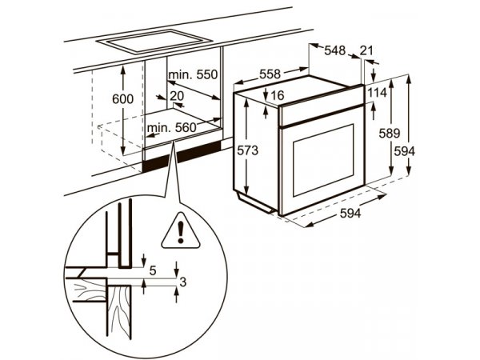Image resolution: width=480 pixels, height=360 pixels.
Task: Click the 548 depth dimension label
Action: [x=335, y=50]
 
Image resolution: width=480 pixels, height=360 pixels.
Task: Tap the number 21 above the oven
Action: [x=366, y=50]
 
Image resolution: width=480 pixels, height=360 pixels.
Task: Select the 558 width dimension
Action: [x=270, y=74]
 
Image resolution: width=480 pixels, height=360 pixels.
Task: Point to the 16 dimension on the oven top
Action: [x=278, y=95]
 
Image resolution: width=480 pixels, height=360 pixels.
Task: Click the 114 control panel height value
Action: [x=377, y=93]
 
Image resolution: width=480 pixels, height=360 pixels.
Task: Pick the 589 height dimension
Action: [x=390, y=134]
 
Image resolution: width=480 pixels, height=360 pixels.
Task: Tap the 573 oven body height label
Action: [x=248, y=150]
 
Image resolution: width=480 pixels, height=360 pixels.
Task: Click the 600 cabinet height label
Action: [x=122, y=99]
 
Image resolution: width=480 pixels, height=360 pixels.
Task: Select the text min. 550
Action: [x=193, y=74]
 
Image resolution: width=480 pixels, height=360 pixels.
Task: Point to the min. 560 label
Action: [x=171, y=128]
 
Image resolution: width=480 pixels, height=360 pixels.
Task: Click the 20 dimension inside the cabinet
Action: [x=177, y=96]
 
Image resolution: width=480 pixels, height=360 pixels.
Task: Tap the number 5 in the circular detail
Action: [x=153, y=270]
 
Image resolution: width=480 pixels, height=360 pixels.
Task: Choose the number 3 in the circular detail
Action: [x=182, y=282]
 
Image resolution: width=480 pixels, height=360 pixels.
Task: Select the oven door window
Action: [x=323, y=160]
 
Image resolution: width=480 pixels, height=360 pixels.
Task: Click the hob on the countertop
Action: [x=154, y=41]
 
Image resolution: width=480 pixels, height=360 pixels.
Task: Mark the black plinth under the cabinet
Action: [x=182, y=157]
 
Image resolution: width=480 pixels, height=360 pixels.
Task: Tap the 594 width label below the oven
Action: [x=350, y=214]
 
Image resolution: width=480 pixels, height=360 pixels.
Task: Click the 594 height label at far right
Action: [x=404, y=151]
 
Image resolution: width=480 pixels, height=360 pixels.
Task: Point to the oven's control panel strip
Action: [x=322, y=106]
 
